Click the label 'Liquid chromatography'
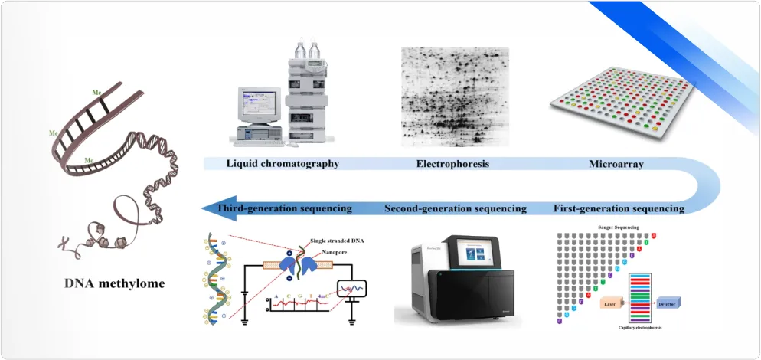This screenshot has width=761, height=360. point(283,163)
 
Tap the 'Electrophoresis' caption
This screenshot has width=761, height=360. point(452,163)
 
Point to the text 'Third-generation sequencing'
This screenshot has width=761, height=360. point(284,208)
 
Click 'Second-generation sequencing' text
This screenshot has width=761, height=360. point(456,208)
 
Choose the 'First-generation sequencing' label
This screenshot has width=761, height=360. point(619,208)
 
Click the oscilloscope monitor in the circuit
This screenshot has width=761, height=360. point(352,289)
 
